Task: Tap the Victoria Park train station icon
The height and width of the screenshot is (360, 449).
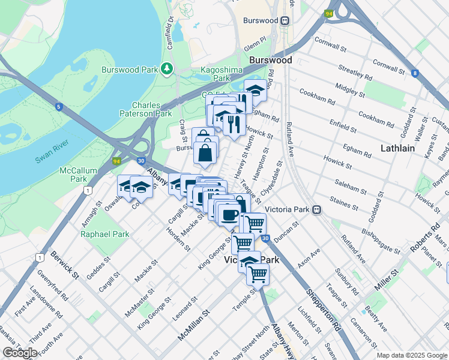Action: (316, 210)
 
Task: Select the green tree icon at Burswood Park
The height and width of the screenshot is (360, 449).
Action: (166, 70)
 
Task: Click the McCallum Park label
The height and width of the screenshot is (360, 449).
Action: (78, 175)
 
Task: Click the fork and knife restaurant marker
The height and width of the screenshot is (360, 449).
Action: (234, 123)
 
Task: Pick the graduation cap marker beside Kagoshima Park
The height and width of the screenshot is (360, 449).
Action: (256, 91)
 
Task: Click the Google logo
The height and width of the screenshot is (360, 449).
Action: (20, 353)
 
